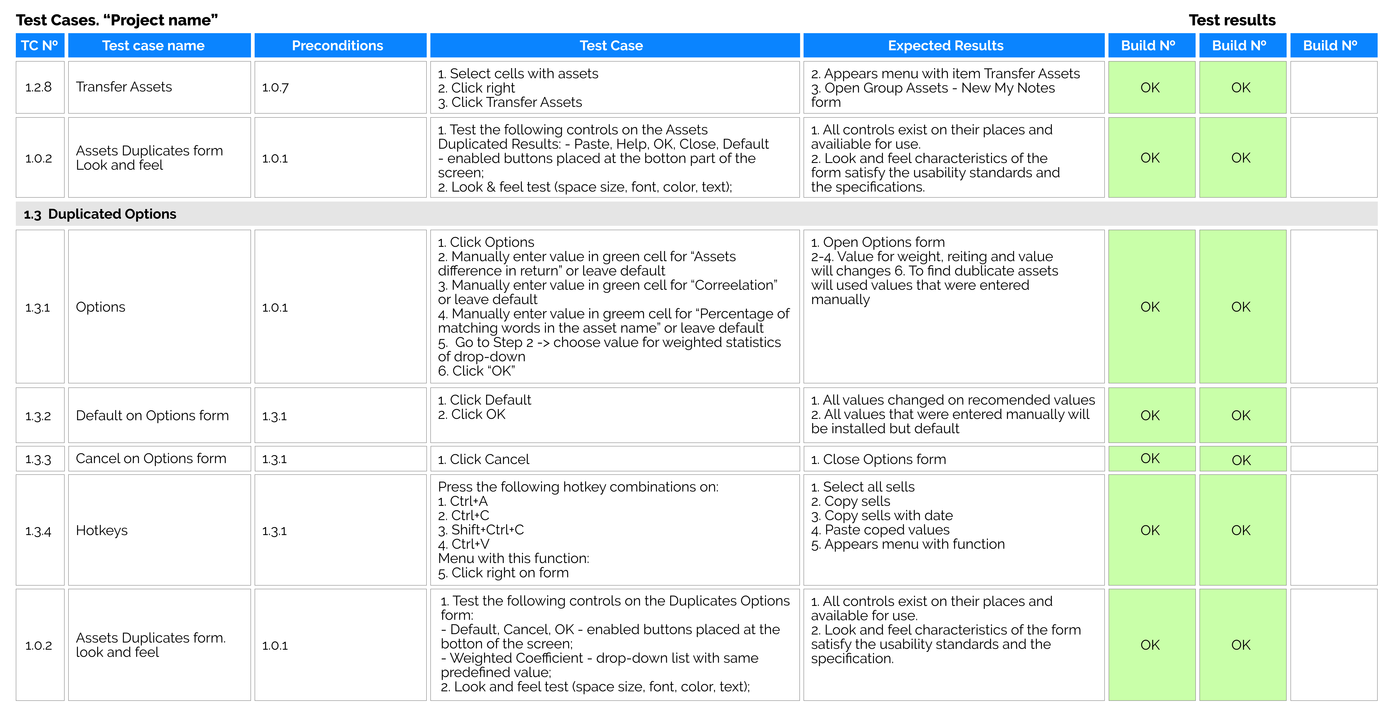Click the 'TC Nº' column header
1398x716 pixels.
40,46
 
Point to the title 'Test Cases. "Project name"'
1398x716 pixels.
117,20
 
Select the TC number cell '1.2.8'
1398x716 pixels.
39,87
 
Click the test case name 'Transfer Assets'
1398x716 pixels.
124,87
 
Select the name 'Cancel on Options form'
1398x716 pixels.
151,459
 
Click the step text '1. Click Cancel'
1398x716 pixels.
483,459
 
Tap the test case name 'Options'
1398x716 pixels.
100,307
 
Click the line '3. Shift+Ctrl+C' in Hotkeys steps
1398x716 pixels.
481,530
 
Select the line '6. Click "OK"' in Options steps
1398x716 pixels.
477,371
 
